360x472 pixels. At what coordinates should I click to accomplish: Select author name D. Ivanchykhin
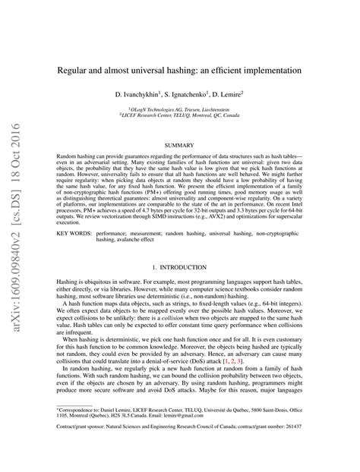click(141, 96)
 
